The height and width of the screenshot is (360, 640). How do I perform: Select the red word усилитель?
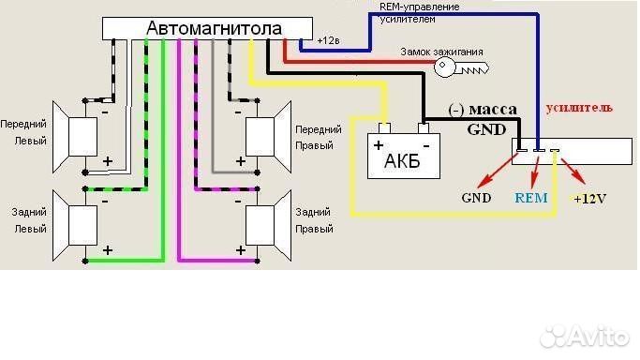[x=579, y=108]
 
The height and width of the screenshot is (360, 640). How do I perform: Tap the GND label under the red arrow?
[x=476, y=199]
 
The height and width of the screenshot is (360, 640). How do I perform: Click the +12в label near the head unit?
[x=329, y=41]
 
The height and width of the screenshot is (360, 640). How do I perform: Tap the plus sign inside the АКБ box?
[x=380, y=146]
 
